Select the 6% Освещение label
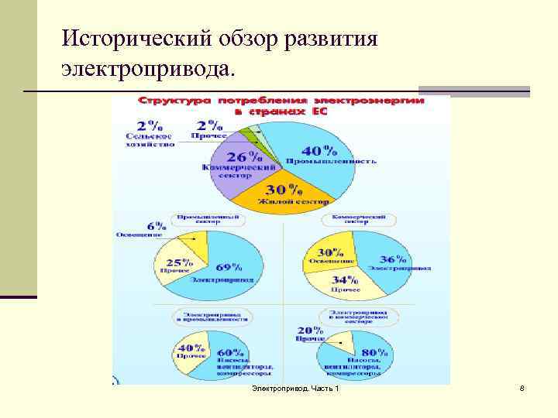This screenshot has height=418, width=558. tap(144, 229)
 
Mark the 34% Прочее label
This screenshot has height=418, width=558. tap(344, 283)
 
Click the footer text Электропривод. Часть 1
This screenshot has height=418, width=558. tap(295, 387)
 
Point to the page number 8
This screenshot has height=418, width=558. tap(522, 387)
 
